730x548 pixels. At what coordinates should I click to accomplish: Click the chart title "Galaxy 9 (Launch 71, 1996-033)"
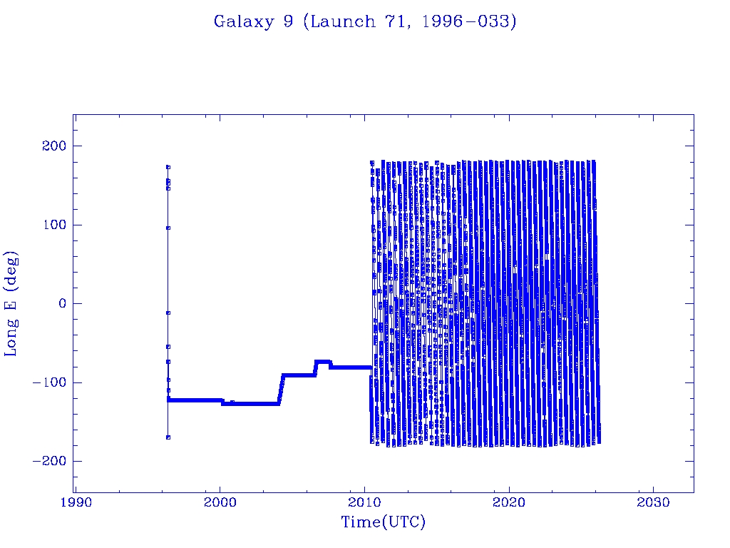coord(365,21)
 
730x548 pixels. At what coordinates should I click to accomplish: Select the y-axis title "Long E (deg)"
coord(11,303)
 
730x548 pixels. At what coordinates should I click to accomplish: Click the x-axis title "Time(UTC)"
coord(383,522)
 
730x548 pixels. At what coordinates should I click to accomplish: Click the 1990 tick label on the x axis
coord(75,502)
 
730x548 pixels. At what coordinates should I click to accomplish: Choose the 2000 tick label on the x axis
coord(220,502)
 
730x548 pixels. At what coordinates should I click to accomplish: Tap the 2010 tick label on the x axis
coord(364,502)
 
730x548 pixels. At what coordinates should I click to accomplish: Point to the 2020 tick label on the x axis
coord(509,502)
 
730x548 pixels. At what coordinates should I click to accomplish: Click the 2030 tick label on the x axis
coord(654,502)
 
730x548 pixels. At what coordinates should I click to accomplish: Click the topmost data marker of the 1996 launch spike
coord(168,167)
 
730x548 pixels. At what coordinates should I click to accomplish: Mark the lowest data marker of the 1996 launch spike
coord(168,437)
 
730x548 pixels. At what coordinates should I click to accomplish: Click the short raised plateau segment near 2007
coord(323,362)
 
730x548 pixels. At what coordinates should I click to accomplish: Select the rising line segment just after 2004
coord(281,389)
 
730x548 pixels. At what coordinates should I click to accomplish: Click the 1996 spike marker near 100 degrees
coord(168,228)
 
